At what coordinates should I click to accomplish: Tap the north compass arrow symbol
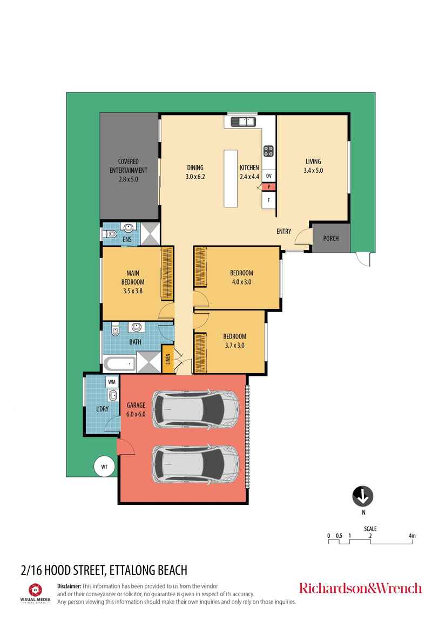pyautogui.click(x=363, y=495)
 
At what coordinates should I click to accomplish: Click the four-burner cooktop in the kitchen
pyautogui.click(x=268, y=151)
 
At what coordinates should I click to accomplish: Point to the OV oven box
pyautogui.click(x=269, y=176)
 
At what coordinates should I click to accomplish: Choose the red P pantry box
pyautogui.click(x=269, y=187)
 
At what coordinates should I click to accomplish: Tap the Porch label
pyautogui.click(x=331, y=238)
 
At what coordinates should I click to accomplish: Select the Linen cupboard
pyautogui.click(x=168, y=359)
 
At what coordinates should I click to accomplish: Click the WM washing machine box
pyautogui.click(x=112, y=382)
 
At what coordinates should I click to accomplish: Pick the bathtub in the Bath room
pyautogui.click(x=119, y=363)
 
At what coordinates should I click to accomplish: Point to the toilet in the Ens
pyautogui.click(x=110, y=234)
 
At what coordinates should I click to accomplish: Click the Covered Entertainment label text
pyautogui.click(x=129, y=170)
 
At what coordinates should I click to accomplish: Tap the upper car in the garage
pyautogui.click(x=195, y=409)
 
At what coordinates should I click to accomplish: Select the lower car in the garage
pyautogui.click(x=195, y=464)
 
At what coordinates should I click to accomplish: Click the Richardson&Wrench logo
pyautogui.click(x=360, y=588)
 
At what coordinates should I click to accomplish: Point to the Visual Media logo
pyautogui.click(x=35, y=592)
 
